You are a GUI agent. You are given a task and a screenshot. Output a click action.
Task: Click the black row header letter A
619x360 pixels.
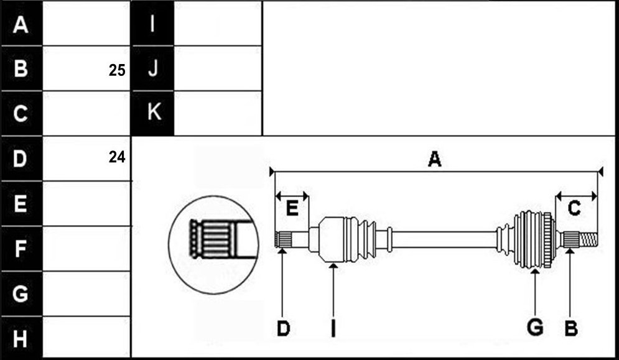pyautogui.click(x=21, y=24)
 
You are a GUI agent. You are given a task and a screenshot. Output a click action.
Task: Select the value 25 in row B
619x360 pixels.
pyautogui.click(x=117, y=70)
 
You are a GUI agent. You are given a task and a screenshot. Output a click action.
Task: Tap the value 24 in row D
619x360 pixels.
pyautogui.click(x=117, y=157)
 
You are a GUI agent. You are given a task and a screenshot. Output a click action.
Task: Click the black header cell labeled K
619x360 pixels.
pyautogui.click(x=153, y=113)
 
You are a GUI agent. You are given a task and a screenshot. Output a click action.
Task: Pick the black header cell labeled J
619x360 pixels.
pyautogui.click(x=153, y=68)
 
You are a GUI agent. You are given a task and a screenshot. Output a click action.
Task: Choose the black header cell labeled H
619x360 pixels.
pyautogui.click(x=21, y=338)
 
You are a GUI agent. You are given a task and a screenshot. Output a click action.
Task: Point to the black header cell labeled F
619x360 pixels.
pyautogui.click(x=21, y=249)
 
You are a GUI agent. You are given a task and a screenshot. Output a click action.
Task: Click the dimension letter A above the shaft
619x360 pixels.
pyautogui.click(x=434, y=159)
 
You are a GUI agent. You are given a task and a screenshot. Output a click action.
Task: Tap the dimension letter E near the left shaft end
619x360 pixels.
pyautogui.click(x=292, y=208)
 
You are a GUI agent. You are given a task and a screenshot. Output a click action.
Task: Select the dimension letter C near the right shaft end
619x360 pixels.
pyautogui.click(x=574, y=208)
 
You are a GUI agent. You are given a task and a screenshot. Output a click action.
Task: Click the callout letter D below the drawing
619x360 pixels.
pyautogui.click(x=283, y=328)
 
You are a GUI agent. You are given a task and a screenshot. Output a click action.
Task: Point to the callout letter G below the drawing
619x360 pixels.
pyautogui.click(x=535, y=328)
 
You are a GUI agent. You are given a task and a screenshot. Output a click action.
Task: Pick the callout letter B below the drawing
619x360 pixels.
pyautogui.click(x=571, y=328)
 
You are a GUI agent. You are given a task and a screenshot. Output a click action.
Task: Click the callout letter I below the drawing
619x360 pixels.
pyautogui.click(x=333, y=328)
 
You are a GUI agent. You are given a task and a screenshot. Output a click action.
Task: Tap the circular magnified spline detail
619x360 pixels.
pyautogui.click(x=213, y=245)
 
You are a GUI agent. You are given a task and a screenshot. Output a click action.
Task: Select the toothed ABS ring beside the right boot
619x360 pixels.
pyautogui.click(x=547, y=239)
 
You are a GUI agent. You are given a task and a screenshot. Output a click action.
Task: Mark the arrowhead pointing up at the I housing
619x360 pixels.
pyautogui.click(x=333, y=266)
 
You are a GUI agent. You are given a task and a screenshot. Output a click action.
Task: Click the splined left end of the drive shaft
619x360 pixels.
pyautogui.click(x=284, y=239)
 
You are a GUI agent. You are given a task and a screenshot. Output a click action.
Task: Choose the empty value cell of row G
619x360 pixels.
pyautogui.click(x=86, y=293)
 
